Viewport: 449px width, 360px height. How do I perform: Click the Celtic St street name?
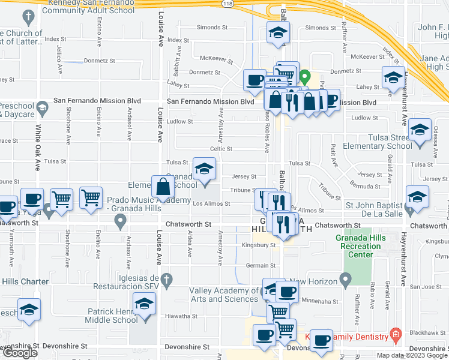[x=221, y=149]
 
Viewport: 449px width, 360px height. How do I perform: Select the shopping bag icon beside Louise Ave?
[x=163, y=187]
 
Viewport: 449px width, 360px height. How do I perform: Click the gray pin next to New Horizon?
[x=345, y=278]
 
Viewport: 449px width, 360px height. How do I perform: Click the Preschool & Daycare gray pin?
[x=41, y=109]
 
